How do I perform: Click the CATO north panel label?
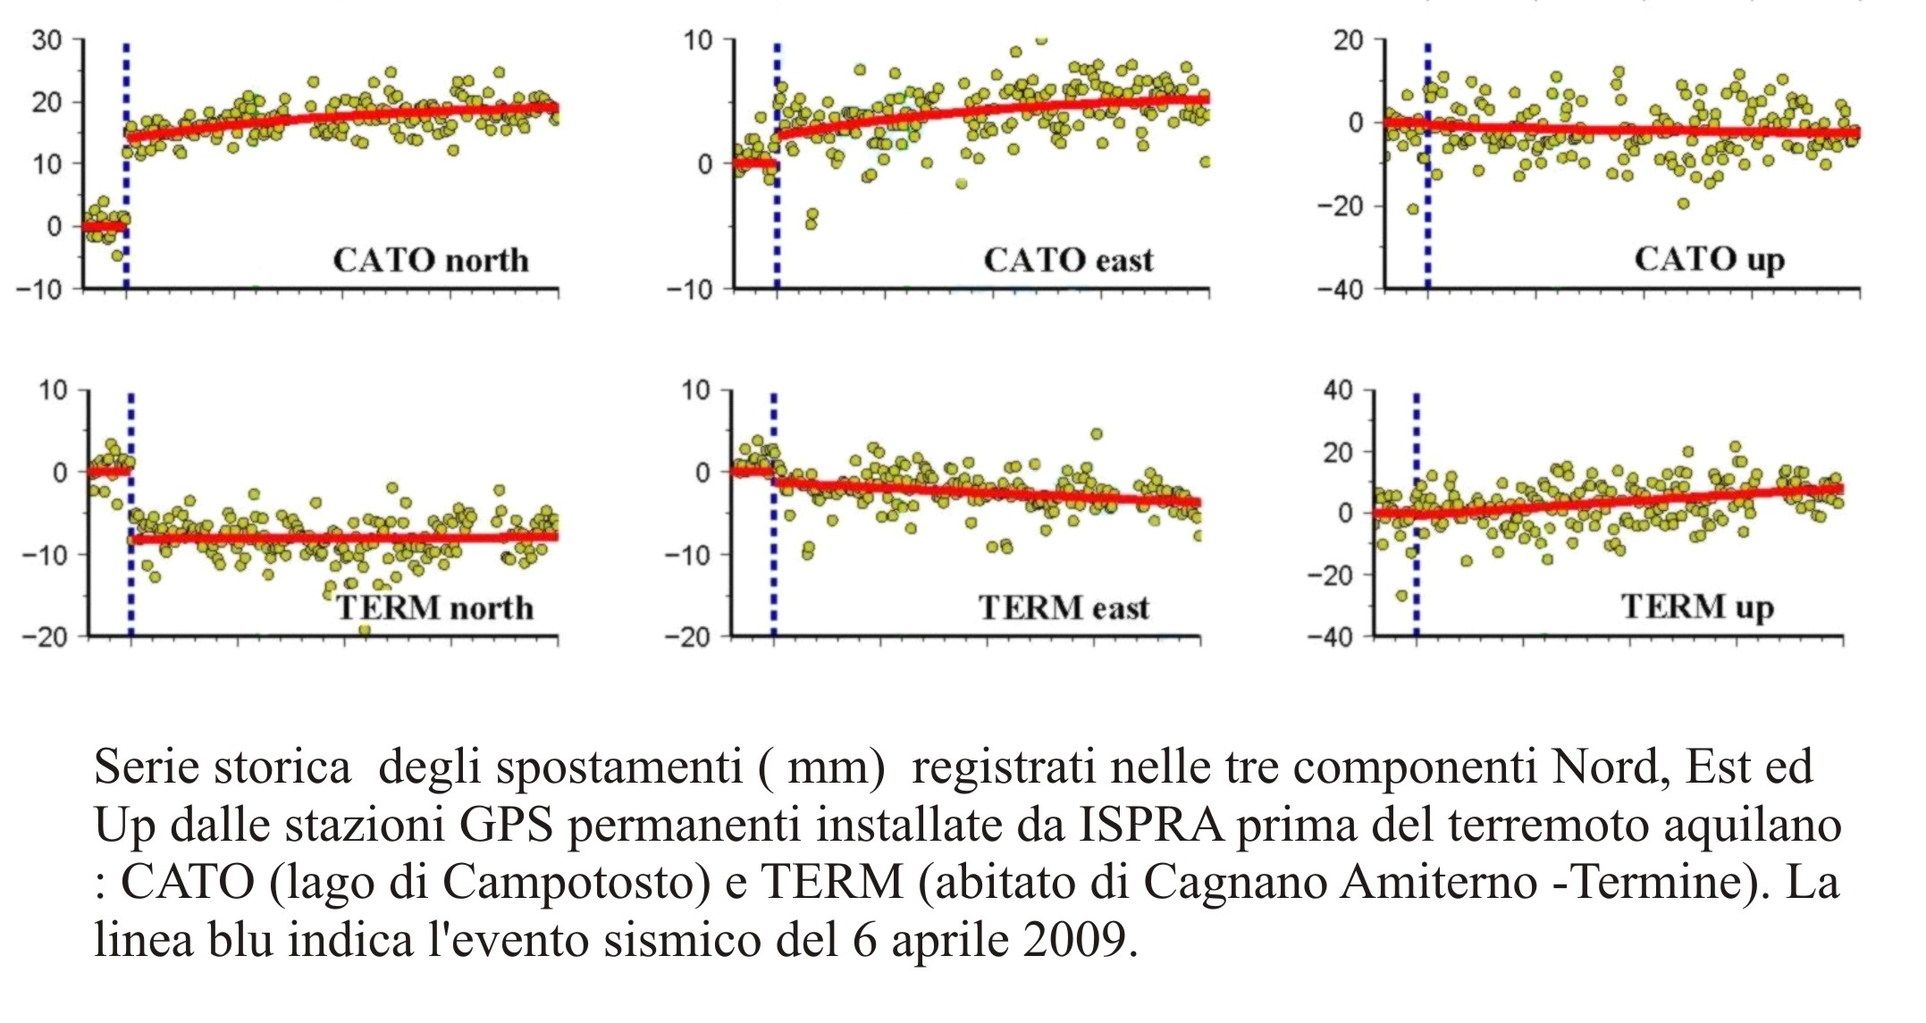click(431, 260)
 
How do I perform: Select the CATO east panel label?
click(1068, 260)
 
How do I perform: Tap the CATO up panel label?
click(1709, 259)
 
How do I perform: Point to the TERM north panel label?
click(434, 608)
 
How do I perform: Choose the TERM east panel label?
click(1064, 608)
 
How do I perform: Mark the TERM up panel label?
click(1696, 607)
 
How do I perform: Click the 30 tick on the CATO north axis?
click(46, 40)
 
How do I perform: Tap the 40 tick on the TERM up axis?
click(1337, 390)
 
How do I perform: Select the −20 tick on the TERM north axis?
click(45, 637)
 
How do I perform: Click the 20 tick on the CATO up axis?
click(1349, 40)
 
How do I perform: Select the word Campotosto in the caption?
click(568, 883)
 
